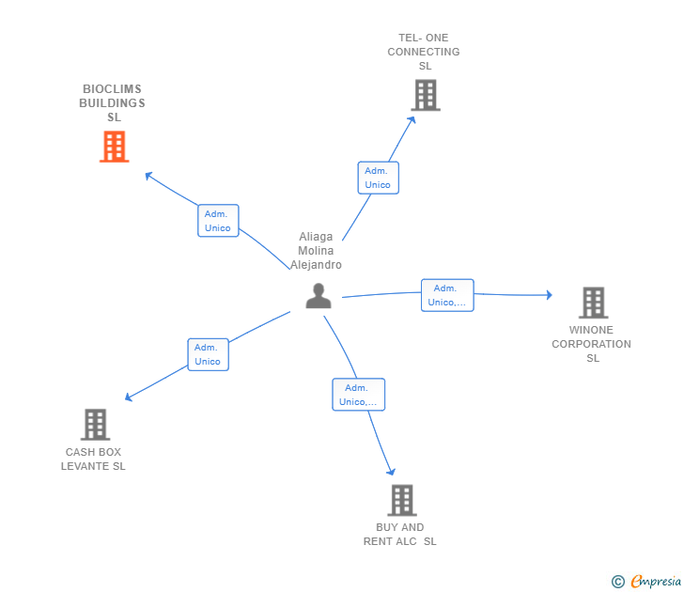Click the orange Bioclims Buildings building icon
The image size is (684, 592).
(114, 147)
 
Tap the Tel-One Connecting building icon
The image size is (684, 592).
(425, 95)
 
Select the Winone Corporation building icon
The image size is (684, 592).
(593, 303)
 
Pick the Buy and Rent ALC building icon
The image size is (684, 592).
(401, 500)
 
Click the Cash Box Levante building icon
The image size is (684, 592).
(95, 425)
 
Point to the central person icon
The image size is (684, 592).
(319, 296)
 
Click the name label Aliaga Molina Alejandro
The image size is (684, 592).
(316, 251)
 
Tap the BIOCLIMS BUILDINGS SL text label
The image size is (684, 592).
(113, 103)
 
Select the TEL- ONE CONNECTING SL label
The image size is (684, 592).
(424, 52)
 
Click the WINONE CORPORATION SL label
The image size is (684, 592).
(592, 344)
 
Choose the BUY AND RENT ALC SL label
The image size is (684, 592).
(400, 535)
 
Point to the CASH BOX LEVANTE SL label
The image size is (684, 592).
(93, 460)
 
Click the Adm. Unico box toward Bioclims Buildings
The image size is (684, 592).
(218, 221)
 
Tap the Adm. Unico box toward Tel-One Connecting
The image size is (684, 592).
(378, 178)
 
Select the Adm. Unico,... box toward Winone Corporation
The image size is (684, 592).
(447, 295)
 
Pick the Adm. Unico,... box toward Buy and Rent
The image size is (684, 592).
(358, 395)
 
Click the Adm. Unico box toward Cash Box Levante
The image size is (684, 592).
(208, 354)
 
